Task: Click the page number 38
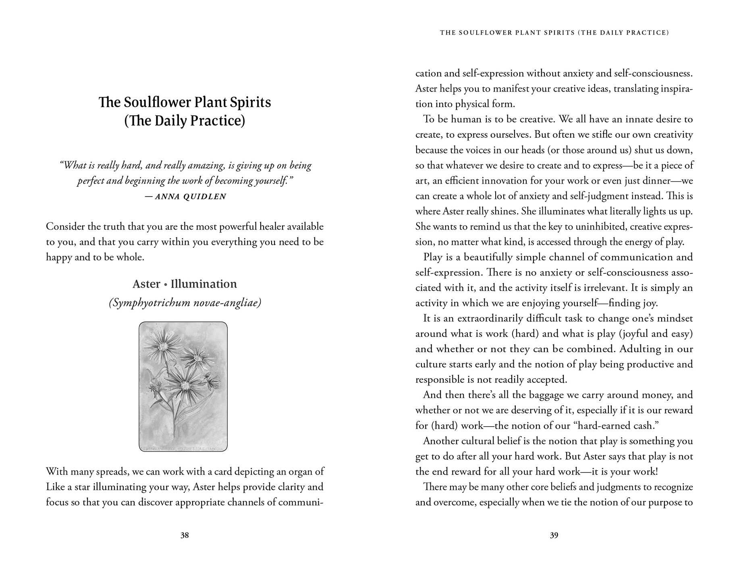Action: [185, 535]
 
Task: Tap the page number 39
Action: [554, 535]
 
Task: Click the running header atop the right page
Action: [554, 33]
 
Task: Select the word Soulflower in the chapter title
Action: [157, 102]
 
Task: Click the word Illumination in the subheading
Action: [203, 284]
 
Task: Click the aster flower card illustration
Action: [183, 386]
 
